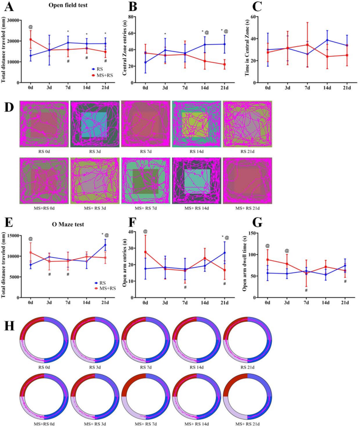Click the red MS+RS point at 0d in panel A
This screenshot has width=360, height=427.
point(30,39)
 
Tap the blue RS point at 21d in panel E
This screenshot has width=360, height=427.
point(105,245)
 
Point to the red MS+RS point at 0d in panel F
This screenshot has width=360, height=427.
point(145,252)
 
